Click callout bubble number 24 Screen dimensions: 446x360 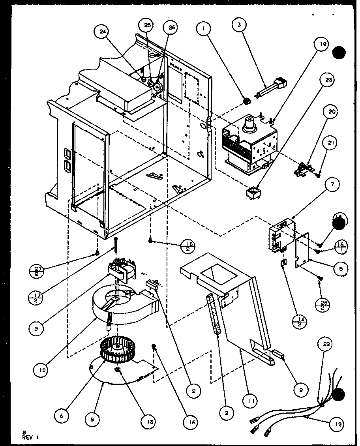click(101, 33)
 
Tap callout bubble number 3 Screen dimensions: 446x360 click(239, 24)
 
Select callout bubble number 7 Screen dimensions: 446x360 click(332, 185)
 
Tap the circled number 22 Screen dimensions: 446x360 click(328, 344)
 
